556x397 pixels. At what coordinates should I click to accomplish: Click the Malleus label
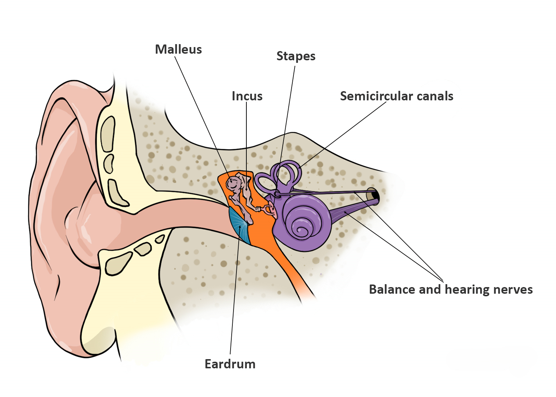click(x=178, y=49)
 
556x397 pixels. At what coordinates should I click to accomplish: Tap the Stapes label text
click(x=296, y=56)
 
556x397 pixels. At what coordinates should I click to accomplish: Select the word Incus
click(x=247, y=96)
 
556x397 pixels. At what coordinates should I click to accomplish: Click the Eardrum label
click(x=230, y=364)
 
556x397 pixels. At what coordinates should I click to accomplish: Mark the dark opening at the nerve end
click(x=374, y=193)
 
